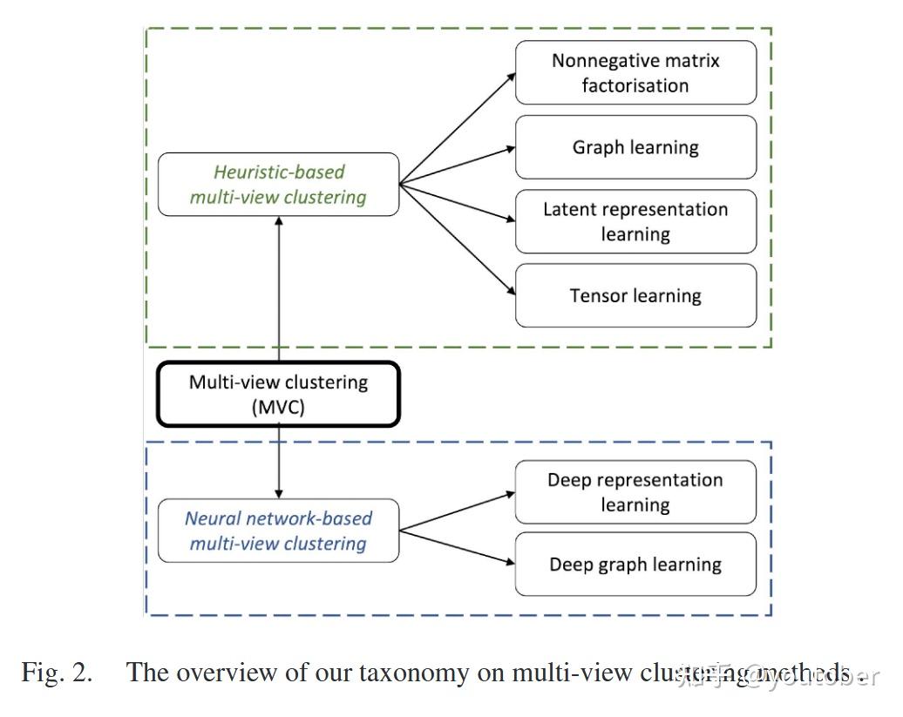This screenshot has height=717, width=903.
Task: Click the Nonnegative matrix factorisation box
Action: (635, 73)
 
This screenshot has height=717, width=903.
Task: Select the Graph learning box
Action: (635, 147)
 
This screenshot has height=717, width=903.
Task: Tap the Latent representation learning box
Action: (635, 221)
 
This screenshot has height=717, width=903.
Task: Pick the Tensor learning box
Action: (635, 295)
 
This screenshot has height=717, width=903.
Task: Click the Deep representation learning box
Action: (635, 492)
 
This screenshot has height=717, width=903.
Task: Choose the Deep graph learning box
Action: (635, 565)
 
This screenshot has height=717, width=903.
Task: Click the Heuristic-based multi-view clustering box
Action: (278, 185)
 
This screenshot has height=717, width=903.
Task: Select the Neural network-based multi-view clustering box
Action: (278, 531)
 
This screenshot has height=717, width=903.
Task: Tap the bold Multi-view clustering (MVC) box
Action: (278, 395)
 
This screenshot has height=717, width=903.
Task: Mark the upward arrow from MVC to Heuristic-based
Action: (278, 287)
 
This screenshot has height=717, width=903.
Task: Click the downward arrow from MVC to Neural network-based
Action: (278, 462)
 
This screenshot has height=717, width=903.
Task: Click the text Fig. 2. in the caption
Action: (56, 673)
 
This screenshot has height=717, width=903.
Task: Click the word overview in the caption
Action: (217, 673)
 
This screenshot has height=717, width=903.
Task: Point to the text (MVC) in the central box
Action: (278, 407)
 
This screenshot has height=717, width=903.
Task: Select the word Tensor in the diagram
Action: (599, 295)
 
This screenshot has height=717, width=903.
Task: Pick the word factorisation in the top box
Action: (635, 85)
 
